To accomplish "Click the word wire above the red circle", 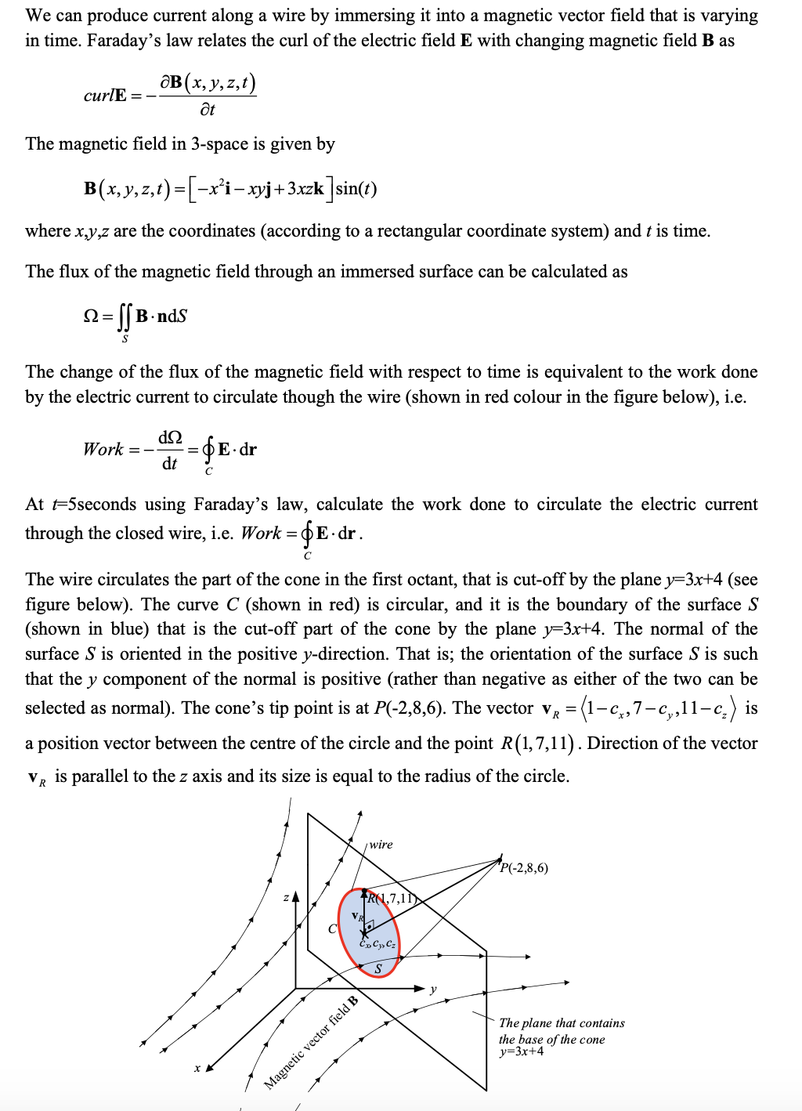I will tap(381, 845).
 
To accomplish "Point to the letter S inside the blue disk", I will tap(378, 969).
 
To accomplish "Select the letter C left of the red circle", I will tap(332, 929).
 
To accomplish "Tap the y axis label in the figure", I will tap(433, 989).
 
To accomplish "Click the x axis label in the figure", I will tap(197, 1068).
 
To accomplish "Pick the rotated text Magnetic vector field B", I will tap(310, 1043).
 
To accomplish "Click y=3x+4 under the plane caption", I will tap(522, 1051).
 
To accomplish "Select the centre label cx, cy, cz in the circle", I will tap(378, 943).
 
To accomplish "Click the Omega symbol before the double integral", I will tap(91, 317).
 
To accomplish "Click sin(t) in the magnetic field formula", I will tap(356, 189).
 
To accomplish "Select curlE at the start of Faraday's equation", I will tap(105, 96).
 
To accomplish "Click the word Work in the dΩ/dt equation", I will tap(103, 450).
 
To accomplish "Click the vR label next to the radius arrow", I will tap(356, 916).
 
